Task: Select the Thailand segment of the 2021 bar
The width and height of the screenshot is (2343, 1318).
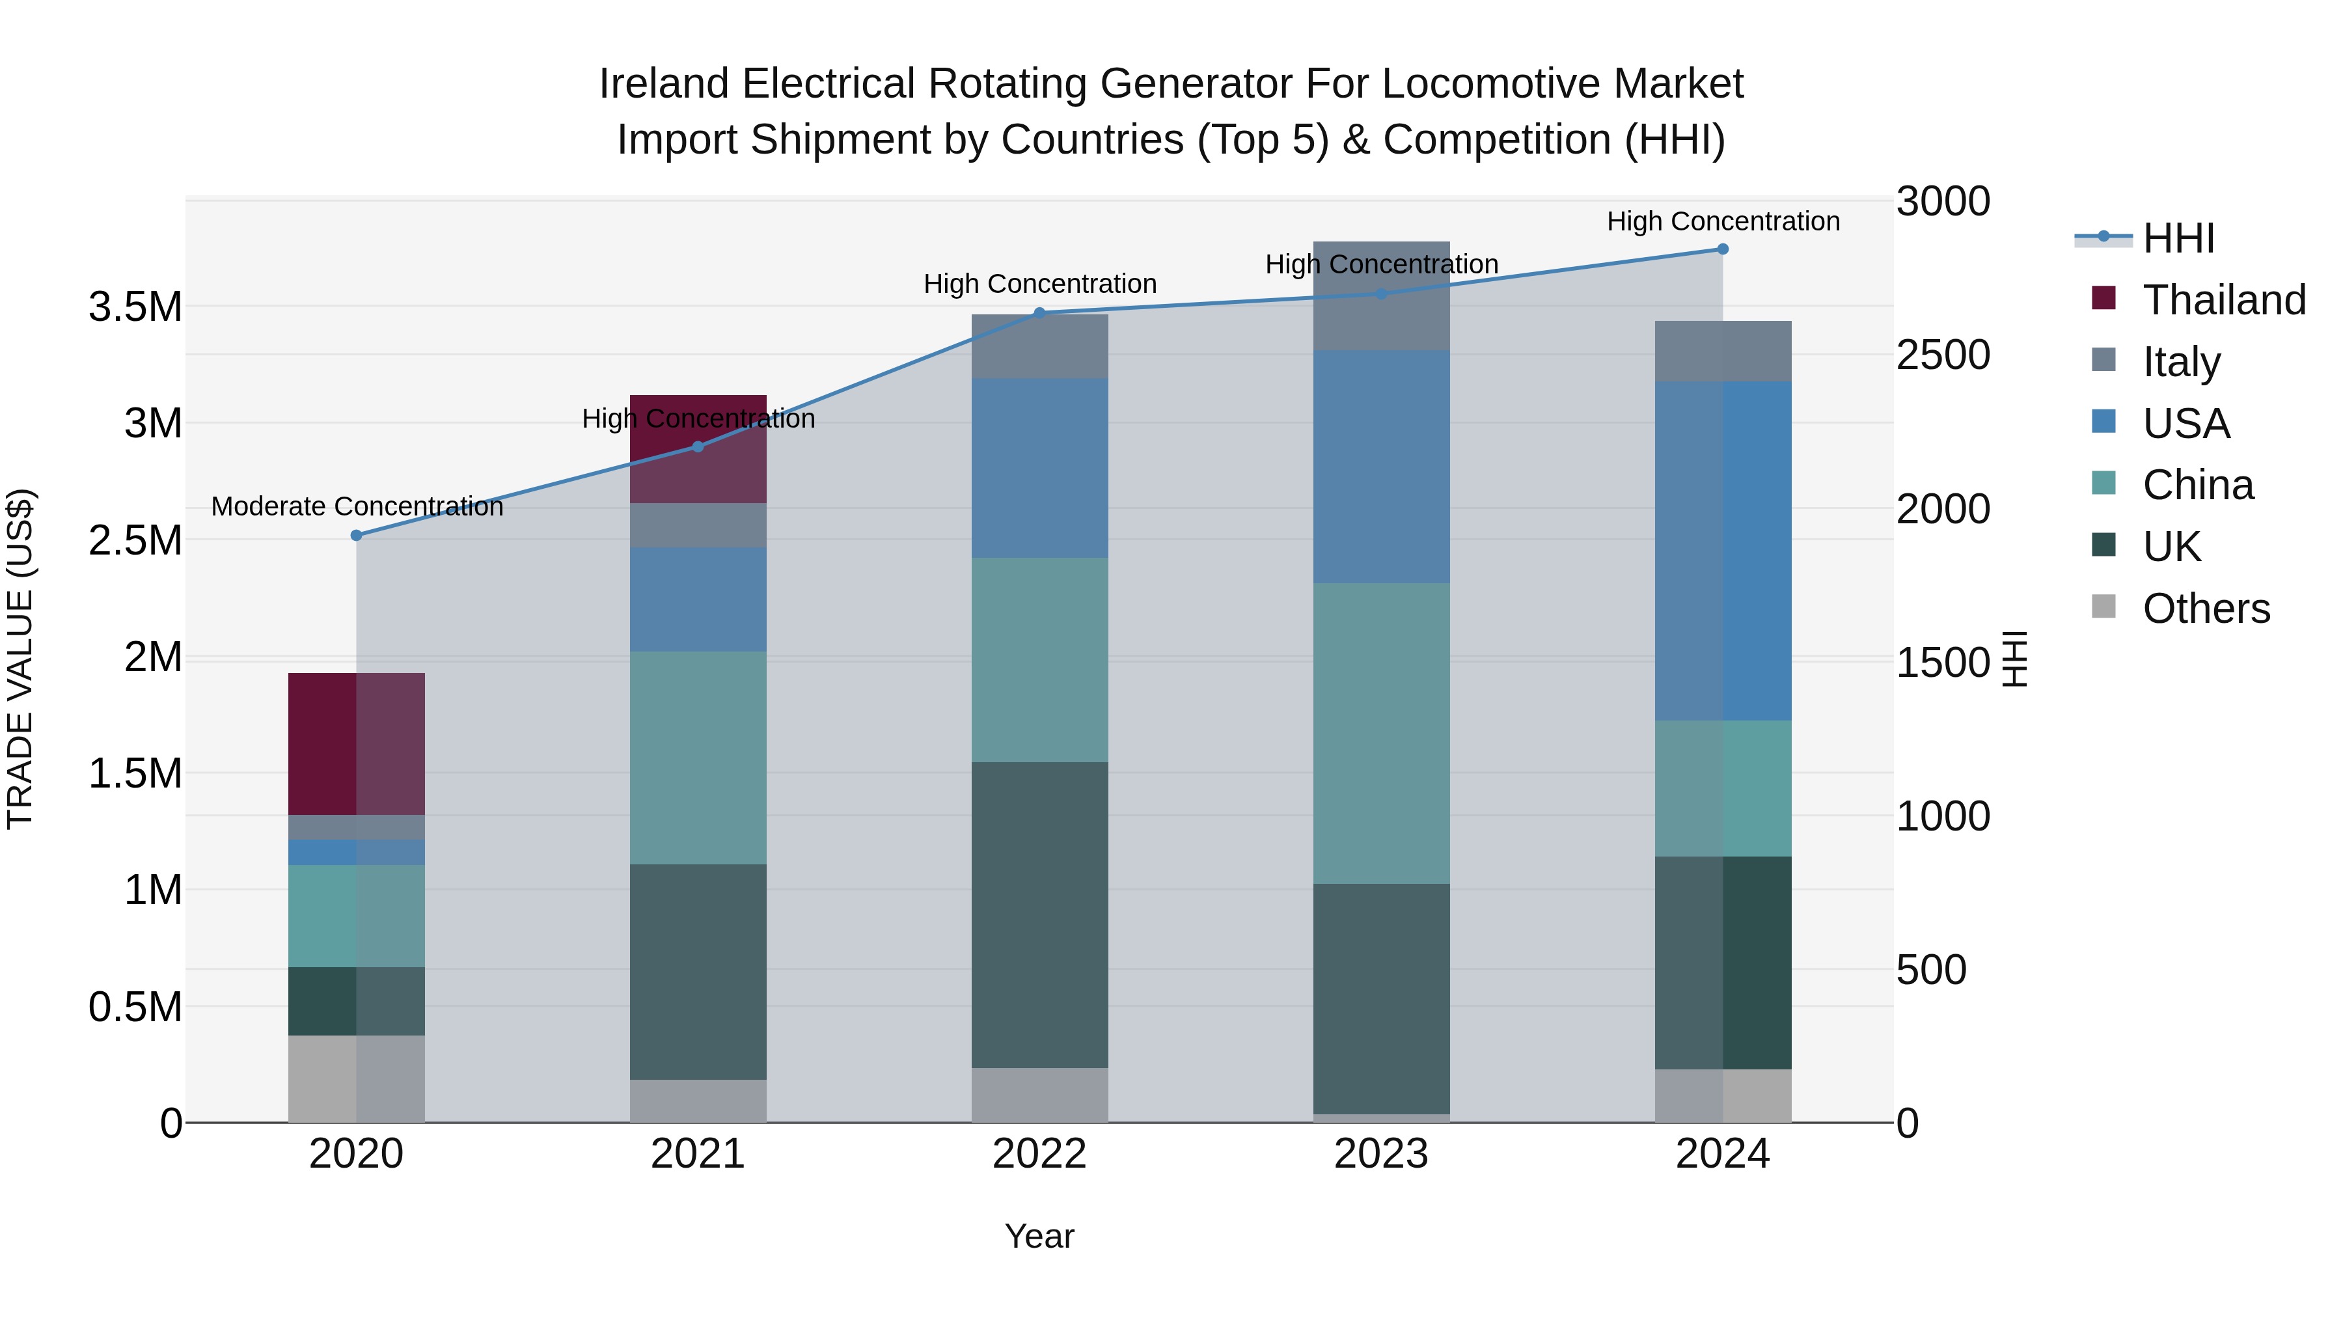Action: click(698, 448)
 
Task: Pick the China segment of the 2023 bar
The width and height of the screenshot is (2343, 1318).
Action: click(1380, 733)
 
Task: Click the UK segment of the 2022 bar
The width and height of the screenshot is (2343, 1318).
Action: click(1039, 914)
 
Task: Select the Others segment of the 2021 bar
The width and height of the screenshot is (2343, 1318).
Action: click(698, 1101)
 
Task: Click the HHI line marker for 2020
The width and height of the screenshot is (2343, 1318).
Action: click(357, 536)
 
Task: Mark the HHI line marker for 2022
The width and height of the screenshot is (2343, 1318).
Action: click(1039, 313)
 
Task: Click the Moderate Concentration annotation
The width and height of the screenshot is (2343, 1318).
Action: click(357, 506)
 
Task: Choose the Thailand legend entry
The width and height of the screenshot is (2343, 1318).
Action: click(2223, 300)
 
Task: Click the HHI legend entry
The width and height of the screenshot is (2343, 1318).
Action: click(2178, 238)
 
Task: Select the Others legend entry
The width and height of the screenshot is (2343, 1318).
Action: click(2205, 609)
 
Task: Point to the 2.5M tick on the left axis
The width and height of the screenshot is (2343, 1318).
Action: click(135, 540)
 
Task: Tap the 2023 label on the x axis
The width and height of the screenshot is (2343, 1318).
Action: click(1380, 1154)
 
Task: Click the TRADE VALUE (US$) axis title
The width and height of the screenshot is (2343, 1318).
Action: click(20, 659)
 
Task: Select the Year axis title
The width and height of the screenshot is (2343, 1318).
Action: click(1039, 1236)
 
